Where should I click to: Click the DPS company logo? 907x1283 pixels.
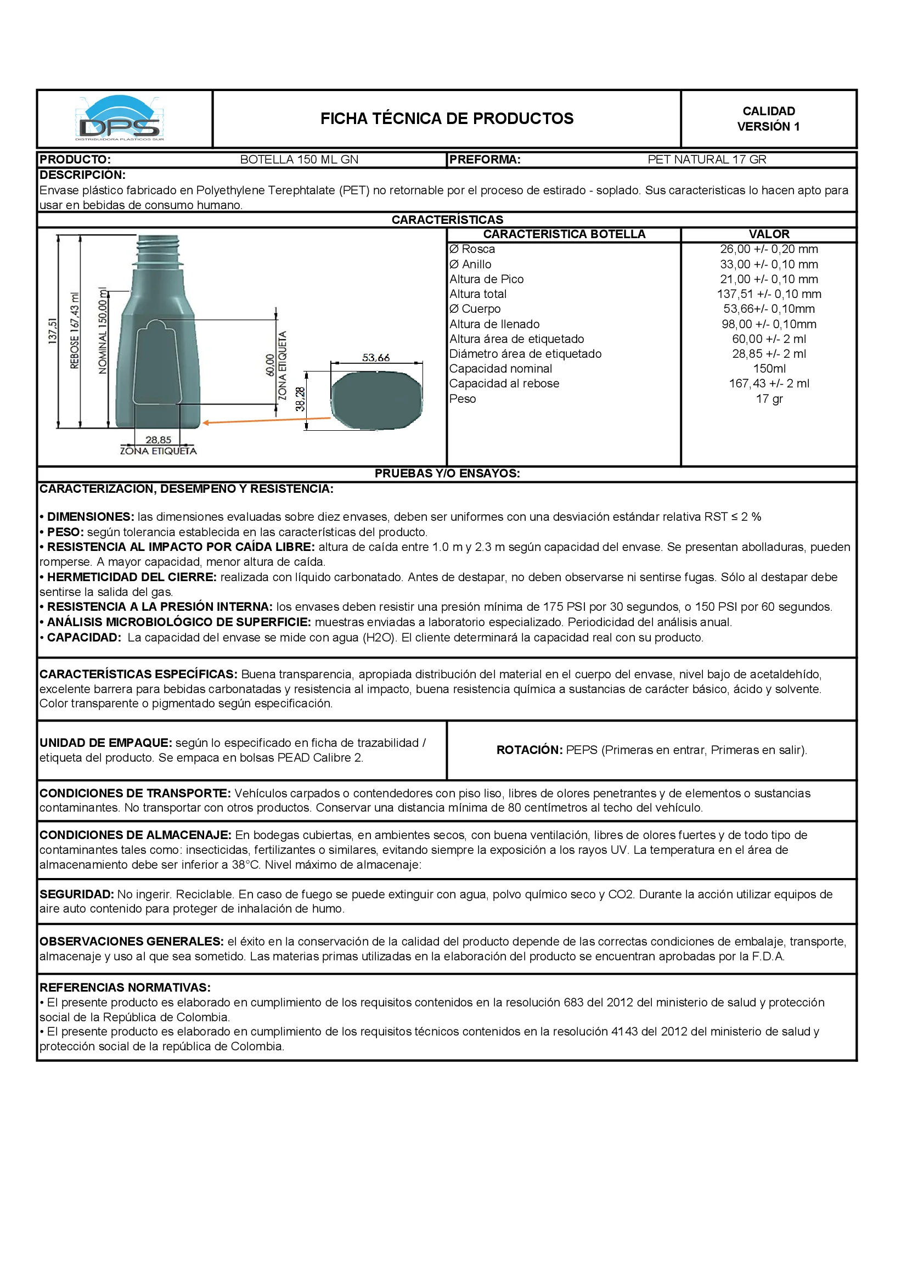coord(120,119)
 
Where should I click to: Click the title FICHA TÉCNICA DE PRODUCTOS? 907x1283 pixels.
coord(447,119)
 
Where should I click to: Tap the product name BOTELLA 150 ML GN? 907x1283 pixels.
coord(299,160)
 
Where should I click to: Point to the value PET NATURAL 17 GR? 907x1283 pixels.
coord(706,160)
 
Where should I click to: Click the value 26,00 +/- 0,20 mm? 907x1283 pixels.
coord(768,249)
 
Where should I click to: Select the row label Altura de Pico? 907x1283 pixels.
coord(486,279)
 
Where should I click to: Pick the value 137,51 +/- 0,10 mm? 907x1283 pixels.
coord(768,294)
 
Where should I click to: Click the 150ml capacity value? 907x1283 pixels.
coord(769,369)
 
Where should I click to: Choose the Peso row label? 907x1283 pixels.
coord(462,399)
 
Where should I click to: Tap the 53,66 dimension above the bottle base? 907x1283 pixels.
coord(375,358)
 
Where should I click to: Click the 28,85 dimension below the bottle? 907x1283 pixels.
coord(158,440)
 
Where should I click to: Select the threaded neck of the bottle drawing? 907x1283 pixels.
coord(159,249)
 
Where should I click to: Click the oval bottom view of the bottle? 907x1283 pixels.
coord(376,400)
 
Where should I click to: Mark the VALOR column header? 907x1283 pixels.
coord(768,234)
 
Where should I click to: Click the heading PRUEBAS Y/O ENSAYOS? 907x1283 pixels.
coord(447,473)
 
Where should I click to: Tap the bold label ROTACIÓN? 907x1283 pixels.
coord(528,750)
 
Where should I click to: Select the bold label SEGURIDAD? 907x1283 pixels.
coord(77,894)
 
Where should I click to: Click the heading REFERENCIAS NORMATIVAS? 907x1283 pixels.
coord(125,987)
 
